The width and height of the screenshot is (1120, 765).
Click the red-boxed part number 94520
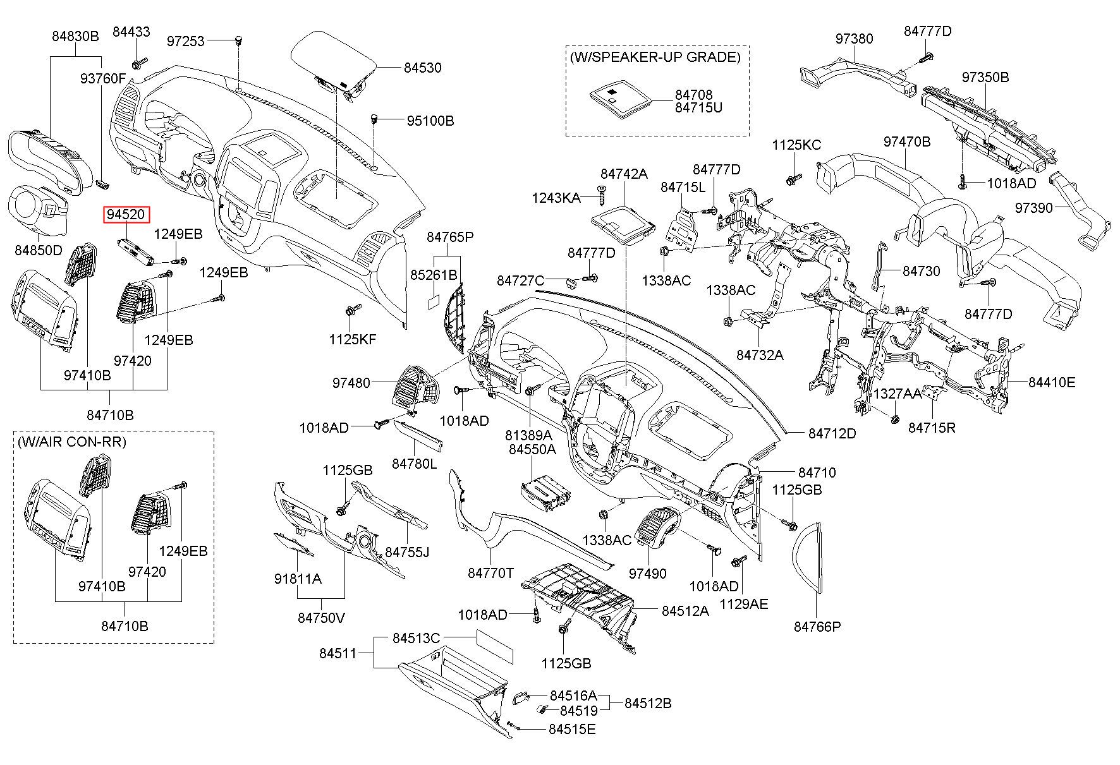point(126,215)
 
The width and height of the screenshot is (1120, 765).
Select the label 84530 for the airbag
point(423,68)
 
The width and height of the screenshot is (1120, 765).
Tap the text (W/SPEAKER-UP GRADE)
point(655,57)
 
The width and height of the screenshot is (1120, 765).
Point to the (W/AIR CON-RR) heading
point(72,442)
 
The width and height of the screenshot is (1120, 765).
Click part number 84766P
point(817,626)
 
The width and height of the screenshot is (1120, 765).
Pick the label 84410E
point(1052,382)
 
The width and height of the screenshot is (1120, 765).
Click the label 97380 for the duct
point(854,39)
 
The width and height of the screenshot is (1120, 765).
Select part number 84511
point(338,653)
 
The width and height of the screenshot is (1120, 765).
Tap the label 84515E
point(572,729)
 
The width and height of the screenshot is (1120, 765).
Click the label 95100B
point(430,121)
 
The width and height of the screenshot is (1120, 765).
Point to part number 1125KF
point(352,339)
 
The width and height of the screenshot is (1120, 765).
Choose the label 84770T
point(490,573)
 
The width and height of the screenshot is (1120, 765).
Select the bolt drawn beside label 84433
point(139,63)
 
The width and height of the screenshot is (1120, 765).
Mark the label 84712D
point(832,433)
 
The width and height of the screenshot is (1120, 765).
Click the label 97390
point(1034,207)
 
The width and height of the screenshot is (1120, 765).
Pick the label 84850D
point(39,250)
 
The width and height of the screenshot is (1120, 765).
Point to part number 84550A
point(532,449)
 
